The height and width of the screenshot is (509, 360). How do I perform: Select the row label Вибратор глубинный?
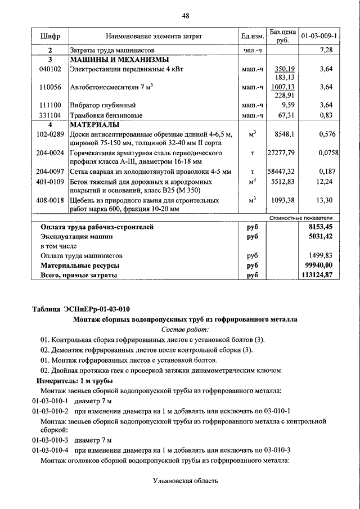101,105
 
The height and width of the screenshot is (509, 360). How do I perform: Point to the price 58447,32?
281,172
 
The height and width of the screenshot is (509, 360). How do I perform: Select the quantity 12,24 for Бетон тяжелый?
325,181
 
